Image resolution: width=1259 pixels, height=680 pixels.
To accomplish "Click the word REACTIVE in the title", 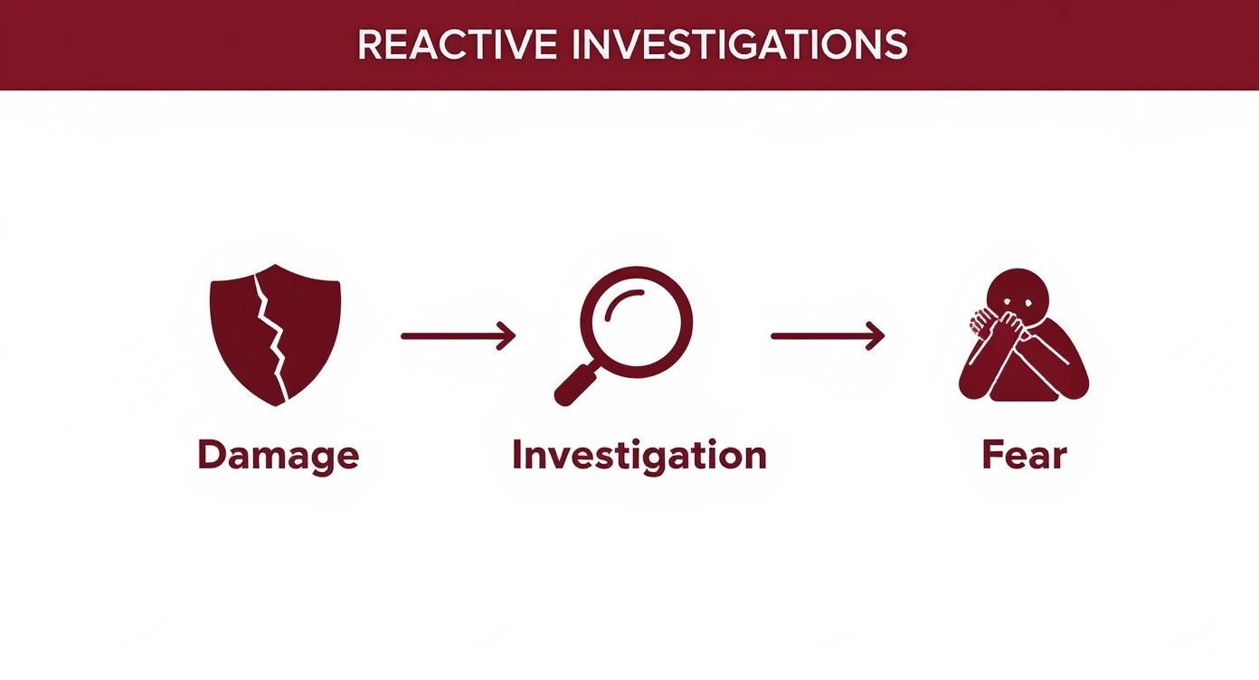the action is pos(457,44).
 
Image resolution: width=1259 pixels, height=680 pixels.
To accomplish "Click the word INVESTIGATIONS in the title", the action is pos(740,44).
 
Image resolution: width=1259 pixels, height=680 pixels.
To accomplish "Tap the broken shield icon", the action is pos(275,335).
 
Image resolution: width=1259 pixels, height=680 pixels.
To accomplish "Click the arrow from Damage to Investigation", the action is pos(458,336).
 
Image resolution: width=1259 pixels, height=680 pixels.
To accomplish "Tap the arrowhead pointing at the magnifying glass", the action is pos(506,336).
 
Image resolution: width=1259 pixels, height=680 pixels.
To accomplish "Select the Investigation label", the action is pos(639,455).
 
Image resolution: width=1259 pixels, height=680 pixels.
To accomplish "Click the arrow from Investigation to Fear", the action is pos(828,336).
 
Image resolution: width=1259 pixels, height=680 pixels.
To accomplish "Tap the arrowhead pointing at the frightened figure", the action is pos(876,336).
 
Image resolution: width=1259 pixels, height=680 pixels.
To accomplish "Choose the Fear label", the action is pos(1024,456).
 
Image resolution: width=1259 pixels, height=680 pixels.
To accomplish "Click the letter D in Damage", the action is pos(212,454).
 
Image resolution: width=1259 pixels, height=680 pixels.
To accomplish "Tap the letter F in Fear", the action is pos(992,455).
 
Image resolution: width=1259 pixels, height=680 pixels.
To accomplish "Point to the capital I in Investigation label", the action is pos(517,454).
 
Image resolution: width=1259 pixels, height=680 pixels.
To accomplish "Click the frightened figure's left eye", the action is pos(1008,302).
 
